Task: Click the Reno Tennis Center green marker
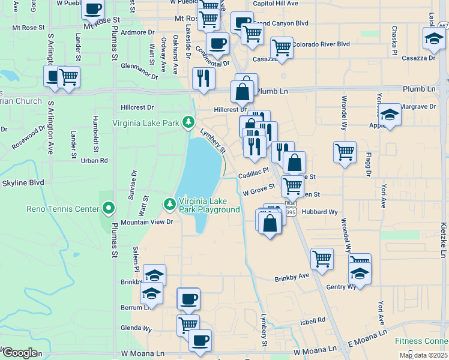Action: coord(109,209)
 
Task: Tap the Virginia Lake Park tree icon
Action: coord(188,123)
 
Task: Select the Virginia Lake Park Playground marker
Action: coord(170,205)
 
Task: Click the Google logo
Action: coord(19,353)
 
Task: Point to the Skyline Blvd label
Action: coord(23,182)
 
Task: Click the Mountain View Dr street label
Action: coord(147,222)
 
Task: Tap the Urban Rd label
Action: coord(94,160)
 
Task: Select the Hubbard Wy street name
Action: coord(320,212)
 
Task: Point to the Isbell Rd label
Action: coord(312,322)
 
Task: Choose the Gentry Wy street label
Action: coord(341,287)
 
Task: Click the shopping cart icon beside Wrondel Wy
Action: coord(345,152)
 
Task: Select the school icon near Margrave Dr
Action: coord(390,116)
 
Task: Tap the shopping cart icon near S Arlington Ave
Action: coord(69,77)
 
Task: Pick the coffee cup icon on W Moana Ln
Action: coord(200,340)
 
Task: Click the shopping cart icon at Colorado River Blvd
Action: coord(281,47)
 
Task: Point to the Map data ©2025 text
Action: coord(423,355)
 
